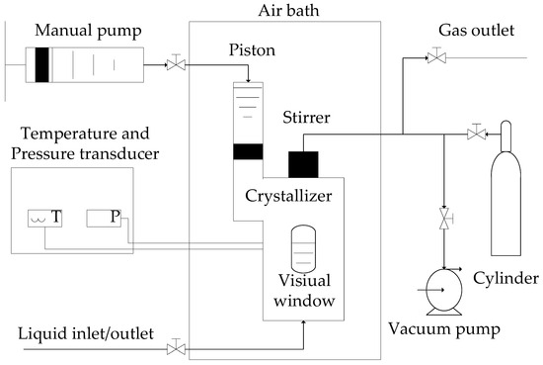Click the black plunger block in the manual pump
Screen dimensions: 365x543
pyautogui.click(x=42, y=63)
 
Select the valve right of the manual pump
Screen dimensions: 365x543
pyautogui.click(x=176, y=64)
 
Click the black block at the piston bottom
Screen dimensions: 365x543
pyautogui.click(x=247, y=152)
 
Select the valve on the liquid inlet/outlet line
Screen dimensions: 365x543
pyautogui.click(x=176, y=348)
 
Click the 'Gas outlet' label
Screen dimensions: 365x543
pyautogui.click(x=477, y=31)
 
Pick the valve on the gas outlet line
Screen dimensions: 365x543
pyautogui.click(x=435, y=59)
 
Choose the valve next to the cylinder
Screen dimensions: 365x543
pyautogui.click(x=477, y=132)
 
